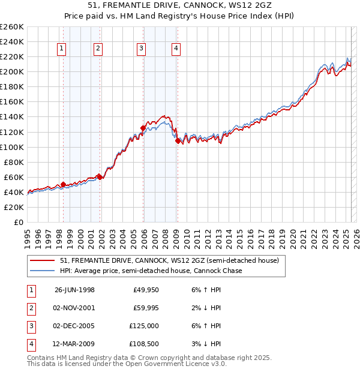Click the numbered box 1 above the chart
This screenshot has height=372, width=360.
pyautogui.click(x=62, y=49)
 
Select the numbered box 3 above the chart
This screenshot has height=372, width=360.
pyautogui.click(x=141, y=49)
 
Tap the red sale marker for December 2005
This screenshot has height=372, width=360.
pyautogui.click(x=143, y=128)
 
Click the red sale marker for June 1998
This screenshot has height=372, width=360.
pyautogui.click(x=63, y=184)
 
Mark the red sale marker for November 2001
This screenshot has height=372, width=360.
pyautogui.click(x=99, y=176)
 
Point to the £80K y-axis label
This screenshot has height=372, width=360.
pyautogui.click(x=13, y=162)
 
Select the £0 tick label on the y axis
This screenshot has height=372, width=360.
pyautogui.click(x=18, y=222)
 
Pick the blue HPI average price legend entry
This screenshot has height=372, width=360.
pyautogui.click(x=151, y=271)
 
